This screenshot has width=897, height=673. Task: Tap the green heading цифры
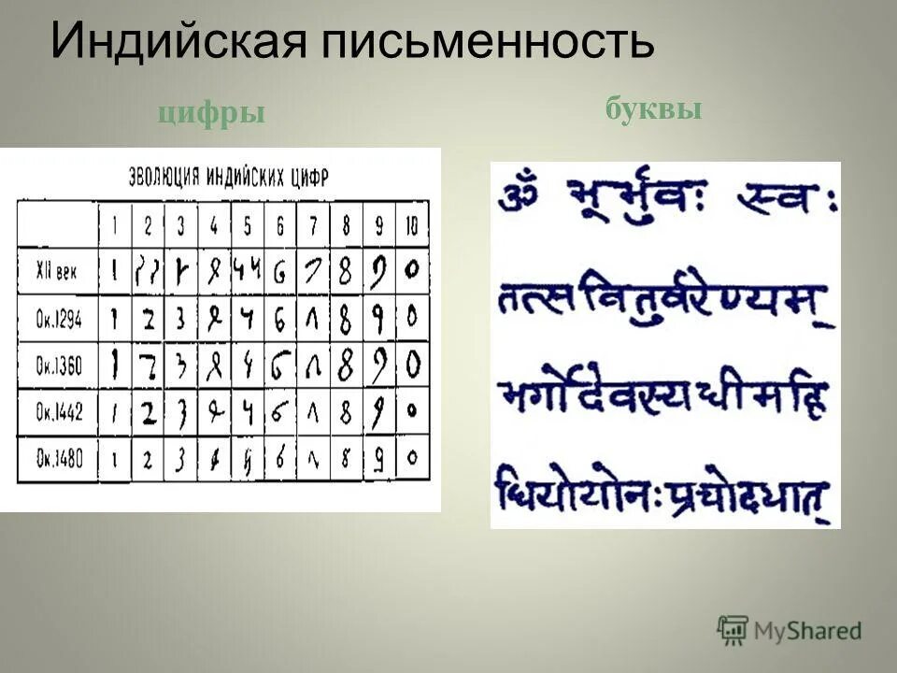211,113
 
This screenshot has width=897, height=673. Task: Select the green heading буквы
653,109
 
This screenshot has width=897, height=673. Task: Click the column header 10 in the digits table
411,226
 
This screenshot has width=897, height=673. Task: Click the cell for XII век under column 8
345,272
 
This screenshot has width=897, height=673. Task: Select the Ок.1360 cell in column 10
411,363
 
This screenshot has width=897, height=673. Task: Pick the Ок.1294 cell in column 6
279,318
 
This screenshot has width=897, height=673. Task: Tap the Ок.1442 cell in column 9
378,412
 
